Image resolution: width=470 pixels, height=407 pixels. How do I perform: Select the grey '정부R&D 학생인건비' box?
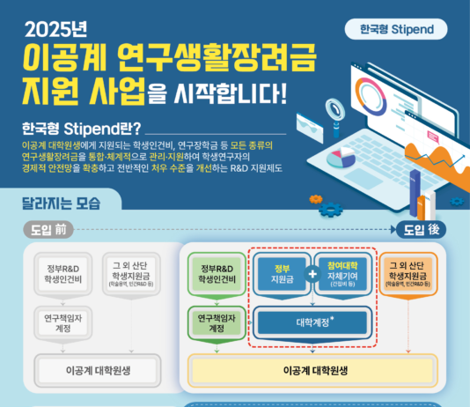[x=62, y=275]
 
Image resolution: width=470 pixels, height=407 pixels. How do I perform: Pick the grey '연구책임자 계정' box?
[x=62, y=322]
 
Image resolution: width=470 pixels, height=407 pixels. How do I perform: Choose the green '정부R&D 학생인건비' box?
[x=215, y=275]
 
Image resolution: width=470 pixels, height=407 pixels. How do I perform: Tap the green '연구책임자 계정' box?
[x=215, y=322]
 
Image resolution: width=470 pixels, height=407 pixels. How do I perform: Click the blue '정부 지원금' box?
[x=281, y=274]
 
